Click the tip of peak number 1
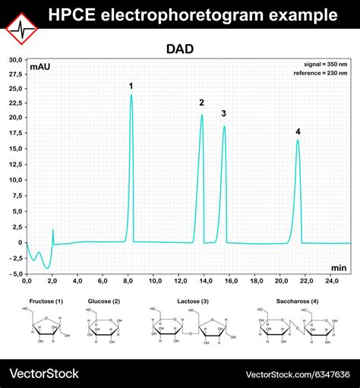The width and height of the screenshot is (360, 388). click(x=131, y=95)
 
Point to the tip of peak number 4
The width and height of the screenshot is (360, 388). click(x=298, y=140)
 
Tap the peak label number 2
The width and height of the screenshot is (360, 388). click(x=201, y=103)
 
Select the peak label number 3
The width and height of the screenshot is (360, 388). click(x=223, y=114)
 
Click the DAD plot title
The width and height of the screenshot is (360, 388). click(x=180, y=49)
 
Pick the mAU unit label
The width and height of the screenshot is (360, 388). click(x=40, y=68)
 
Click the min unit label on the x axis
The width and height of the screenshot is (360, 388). click(x=339, y=267)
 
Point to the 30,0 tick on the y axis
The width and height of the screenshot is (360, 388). click(x=15, y=59)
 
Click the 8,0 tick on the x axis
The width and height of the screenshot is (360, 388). click(x=129, y=281)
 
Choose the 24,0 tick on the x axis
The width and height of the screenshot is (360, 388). click(x=333, y=281)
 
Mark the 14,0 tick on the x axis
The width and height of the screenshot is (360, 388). click(x=206, y=281)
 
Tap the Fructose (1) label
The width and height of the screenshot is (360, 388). click(x=46, y=301)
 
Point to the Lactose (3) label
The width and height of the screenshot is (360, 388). click(x=190, y=301)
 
